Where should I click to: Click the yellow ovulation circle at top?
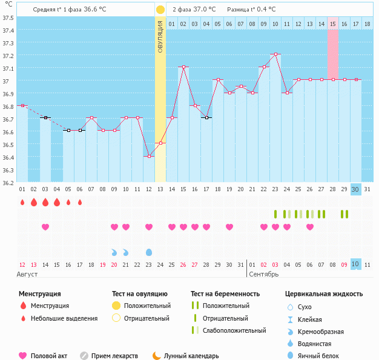(x=160, y=10)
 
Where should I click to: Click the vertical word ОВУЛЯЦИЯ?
(x=160, y=36)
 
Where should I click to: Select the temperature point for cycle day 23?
(x=275, y=54)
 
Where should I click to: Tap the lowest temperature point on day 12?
(x=149, y=156)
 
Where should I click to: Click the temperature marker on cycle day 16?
(x=195, y=105)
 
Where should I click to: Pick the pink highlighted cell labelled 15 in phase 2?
(x=333, y=24)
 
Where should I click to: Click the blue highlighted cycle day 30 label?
(x=356, y=189)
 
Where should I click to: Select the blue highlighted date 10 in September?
(x=356, y=264)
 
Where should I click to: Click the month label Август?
(x=27, y=274)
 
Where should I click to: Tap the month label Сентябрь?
(x=264, y=274)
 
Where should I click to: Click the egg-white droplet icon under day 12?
(x=149, y=252)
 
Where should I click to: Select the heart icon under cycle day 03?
(x=45, y=227)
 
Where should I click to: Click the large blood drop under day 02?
(x=34, y=202)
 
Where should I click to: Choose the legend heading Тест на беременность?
(x=225, y=293)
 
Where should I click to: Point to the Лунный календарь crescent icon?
(x=157, y=356)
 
